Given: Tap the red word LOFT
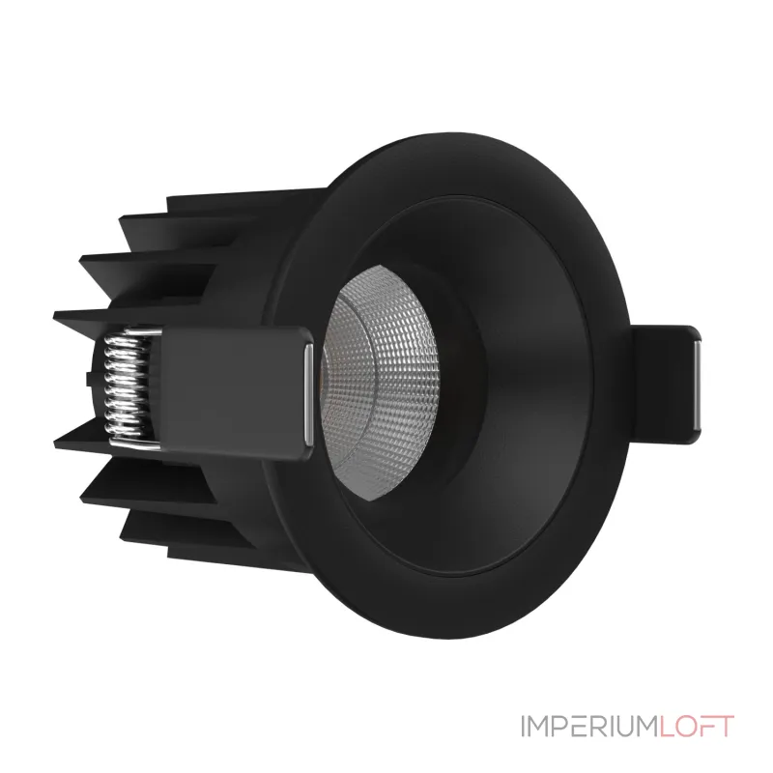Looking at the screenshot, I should [693, 727].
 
